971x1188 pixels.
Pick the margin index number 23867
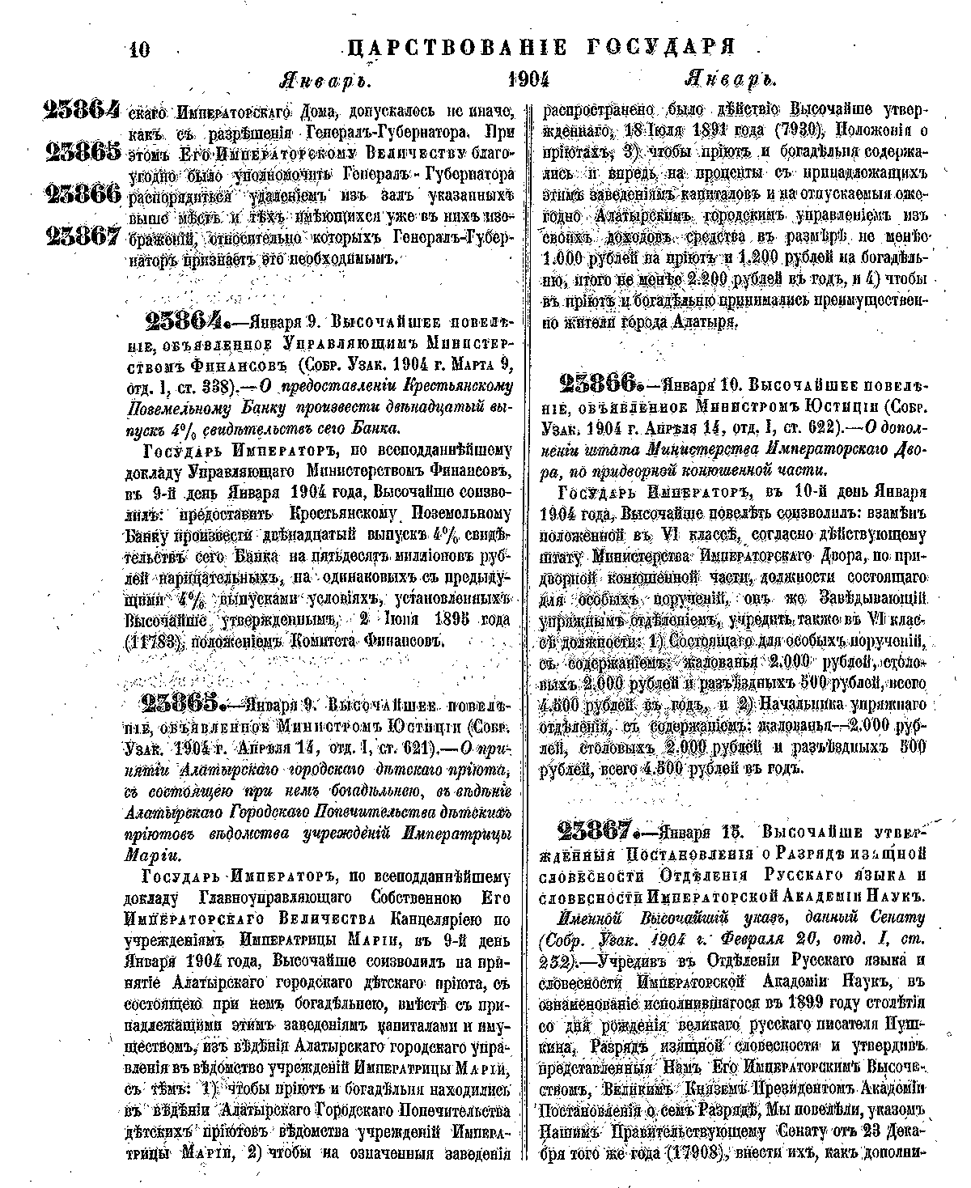(83, 236)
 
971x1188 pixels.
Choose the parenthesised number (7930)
(798, 130)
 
